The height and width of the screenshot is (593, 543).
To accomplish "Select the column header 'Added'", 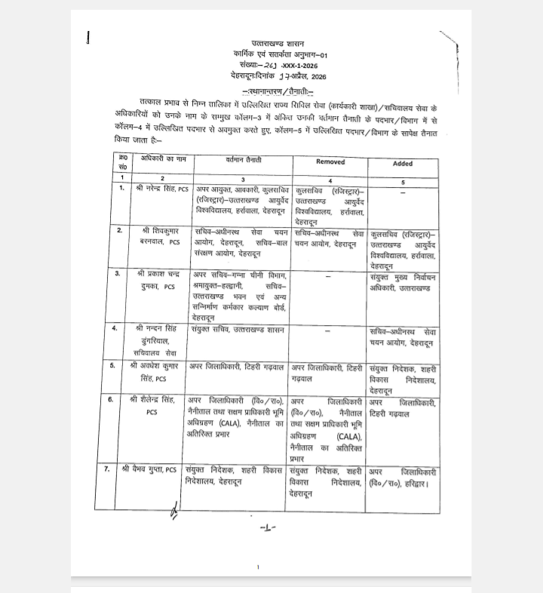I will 403,163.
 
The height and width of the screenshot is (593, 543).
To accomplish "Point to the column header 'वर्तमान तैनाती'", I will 241,161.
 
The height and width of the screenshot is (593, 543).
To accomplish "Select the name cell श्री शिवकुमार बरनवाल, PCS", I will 159,235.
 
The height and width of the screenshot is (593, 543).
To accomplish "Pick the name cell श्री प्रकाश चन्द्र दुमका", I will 159,281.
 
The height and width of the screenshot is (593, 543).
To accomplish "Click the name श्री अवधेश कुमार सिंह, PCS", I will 159,373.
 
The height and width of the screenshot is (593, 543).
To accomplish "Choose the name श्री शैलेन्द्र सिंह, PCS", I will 158,405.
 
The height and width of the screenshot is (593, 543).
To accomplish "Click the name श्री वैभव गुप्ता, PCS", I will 150,470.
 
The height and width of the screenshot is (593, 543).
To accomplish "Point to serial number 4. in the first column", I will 114,328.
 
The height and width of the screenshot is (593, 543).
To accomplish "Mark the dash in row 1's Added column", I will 403,192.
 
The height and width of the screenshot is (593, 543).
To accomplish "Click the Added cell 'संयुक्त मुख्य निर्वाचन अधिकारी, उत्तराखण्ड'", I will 403,281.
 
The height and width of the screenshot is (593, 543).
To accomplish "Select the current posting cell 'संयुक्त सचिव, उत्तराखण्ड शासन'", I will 237,330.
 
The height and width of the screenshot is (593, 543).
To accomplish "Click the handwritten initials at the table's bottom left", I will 174,513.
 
